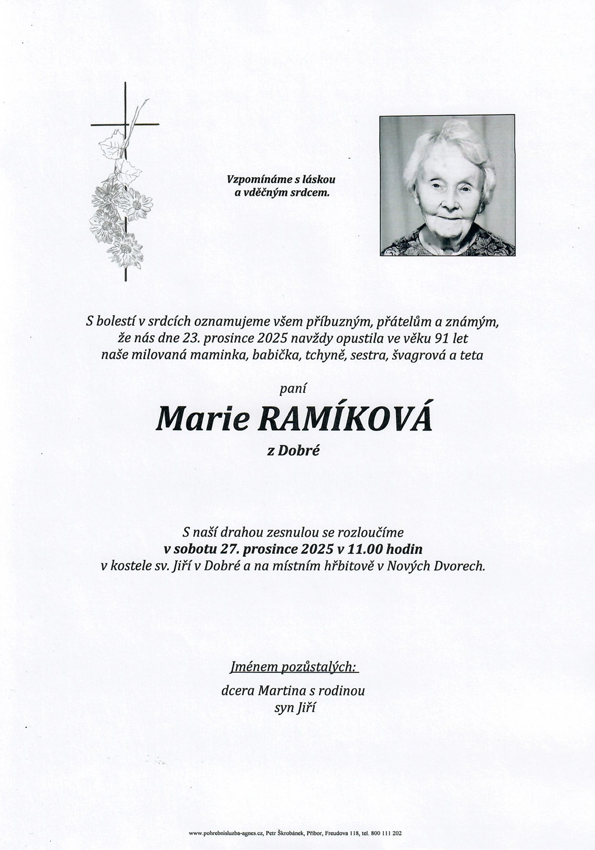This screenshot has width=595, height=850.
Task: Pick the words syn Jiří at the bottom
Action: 295,708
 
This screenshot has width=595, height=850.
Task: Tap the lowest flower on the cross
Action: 125,251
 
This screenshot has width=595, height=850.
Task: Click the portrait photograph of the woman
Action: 447,185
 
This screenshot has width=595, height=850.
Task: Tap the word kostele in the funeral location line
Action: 130,566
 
